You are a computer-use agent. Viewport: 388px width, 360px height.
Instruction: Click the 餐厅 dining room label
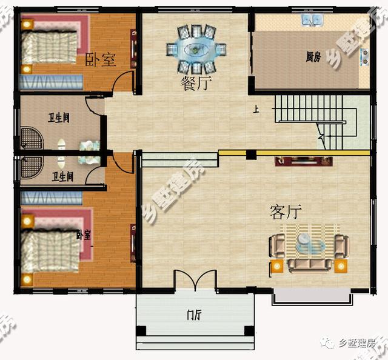coord(195,84)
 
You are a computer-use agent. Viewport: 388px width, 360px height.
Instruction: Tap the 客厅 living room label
coord(286,212)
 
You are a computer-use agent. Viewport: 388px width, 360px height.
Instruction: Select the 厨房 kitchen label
coord(313,58)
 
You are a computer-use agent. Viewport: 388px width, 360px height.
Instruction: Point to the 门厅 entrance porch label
coord(195,315)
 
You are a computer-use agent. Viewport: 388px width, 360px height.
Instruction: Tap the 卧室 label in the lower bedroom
coord(84,235)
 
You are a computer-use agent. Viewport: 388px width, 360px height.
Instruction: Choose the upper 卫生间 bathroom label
coord(59,118)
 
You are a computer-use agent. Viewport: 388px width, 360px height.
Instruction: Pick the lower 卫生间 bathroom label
coord(62,177)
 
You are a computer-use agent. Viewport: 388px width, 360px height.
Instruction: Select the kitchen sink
coord(313,21)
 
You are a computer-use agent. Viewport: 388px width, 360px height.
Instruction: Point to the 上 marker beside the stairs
coord(256,110)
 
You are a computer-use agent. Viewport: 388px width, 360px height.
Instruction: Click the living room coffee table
coord(309,246)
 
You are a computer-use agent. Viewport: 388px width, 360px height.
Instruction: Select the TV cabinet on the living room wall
coord(304,161)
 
